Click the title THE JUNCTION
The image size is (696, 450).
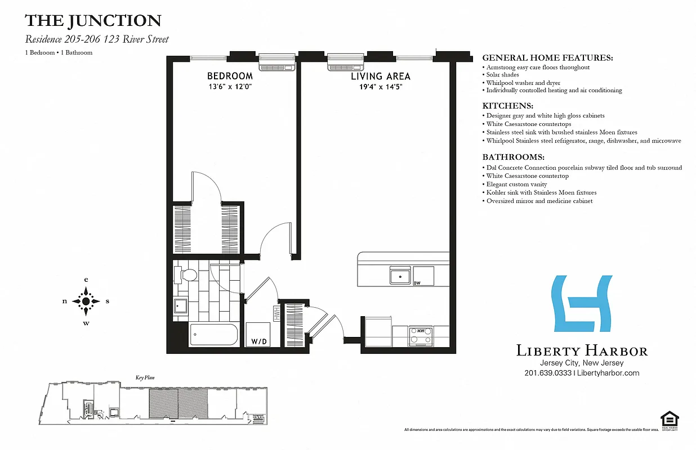[93, 21]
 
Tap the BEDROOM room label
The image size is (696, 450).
[230, 76]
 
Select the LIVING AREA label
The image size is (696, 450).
[381, 76]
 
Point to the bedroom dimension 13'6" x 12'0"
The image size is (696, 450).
[230, 87]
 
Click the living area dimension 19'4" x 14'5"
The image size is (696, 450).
[381, 87]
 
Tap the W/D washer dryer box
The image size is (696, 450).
[259, 335]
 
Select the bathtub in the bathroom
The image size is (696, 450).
[214, 335]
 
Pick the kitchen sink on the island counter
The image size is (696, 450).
[400, 276]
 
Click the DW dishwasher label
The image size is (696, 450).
[417, 283]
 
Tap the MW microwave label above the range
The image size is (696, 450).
[420, 330]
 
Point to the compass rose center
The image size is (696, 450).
[86, 301]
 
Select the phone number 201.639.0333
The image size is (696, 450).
[548, 373]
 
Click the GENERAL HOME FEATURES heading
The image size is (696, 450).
[547, 58]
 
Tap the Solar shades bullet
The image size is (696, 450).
[503, 75]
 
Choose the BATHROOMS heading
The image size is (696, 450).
[514, 157]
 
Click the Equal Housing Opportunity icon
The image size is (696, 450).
[670, 420]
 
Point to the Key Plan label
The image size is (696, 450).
[145, 378]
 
